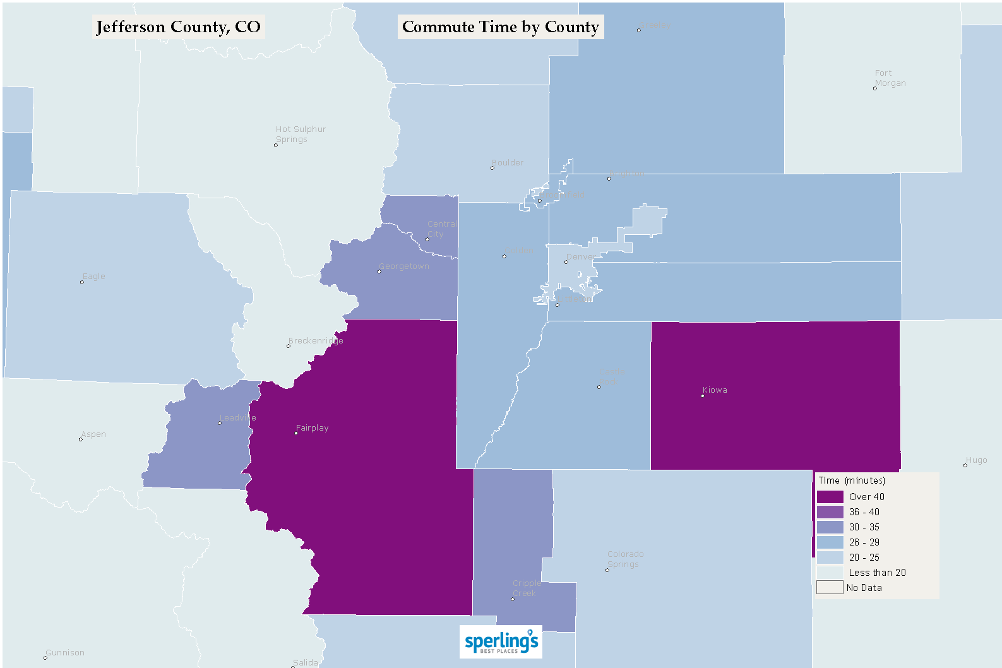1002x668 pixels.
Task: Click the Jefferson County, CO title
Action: pos(178,27)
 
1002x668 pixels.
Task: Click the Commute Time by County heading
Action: pos(500,27)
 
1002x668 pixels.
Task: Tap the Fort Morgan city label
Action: pos(890,78)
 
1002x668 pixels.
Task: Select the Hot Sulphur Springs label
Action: pos(300,134)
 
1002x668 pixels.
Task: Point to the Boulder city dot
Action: pos(492,168)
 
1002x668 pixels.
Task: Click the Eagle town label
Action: pos(94,277)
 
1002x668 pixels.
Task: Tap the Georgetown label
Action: pos(404,266)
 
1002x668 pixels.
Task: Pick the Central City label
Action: pos(441,229)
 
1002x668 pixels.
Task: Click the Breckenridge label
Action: pos(316,341)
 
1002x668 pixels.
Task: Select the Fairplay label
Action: pos(312,428)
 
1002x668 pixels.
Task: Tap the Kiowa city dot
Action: pos(703,396)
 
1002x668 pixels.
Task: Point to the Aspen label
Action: pos(93,434)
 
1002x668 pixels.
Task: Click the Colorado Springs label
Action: pos(625,559)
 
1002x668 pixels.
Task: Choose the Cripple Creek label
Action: pos(526,588)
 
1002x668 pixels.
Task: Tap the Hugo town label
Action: pos(976,460)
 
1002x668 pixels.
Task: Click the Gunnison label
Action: pos(65,653)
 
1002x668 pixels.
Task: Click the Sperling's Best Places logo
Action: pos(501,642)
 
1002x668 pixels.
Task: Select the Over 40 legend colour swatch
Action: pos(830,497)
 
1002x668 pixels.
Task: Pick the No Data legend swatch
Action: pos(830,588)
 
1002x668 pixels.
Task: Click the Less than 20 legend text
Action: pos(877,573)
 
